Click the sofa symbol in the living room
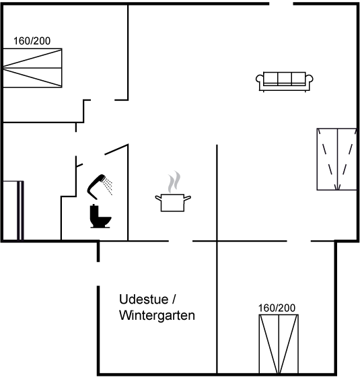[284, 81]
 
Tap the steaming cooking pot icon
[173, 192]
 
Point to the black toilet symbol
[100, 216]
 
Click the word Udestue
[144, 300]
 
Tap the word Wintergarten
[157, 315]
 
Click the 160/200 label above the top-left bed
[32, 41]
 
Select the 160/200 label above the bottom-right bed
[277, 308]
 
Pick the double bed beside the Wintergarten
[279, 344]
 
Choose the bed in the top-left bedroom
[32, 68]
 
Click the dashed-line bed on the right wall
[336, 159]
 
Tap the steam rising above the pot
[174, 182]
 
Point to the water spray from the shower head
[108, 186]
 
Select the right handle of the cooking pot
[188, 198]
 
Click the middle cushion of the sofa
[285, 78]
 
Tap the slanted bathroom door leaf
[116, 149]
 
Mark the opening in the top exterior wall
[281, 3]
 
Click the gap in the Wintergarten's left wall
[98, 274]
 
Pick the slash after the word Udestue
[174, 300]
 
